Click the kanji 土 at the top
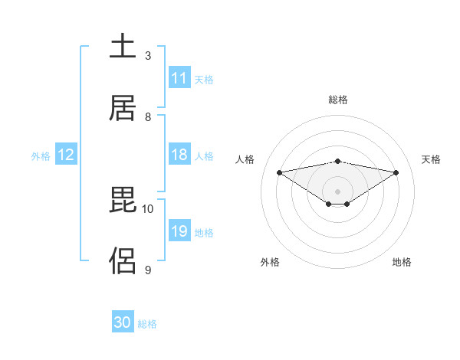coord(123,46)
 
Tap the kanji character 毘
coord(123,200)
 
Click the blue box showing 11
coord(179,78)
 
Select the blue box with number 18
coord(179,155)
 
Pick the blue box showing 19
coord(179,231)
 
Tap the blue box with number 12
coord(66,155)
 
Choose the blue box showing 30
coord(123,322)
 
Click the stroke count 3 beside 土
coord(148,56)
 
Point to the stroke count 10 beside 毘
coord(148,208)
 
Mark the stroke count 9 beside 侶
coord(148,270)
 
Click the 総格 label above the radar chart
coord(338,100)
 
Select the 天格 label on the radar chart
coord(432,159)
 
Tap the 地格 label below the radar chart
coord(402,262)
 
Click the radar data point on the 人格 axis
coord(280,172)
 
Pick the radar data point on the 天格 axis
coord(396,172)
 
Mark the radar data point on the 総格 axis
coord(338,161)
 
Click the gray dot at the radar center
coord(338,191)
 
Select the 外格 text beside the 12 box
coord(41,155)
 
